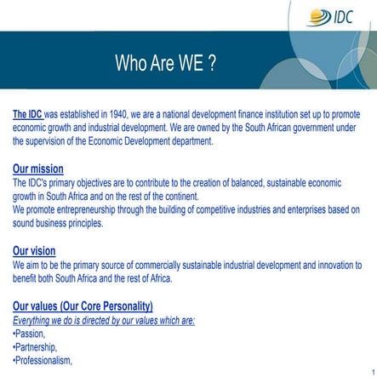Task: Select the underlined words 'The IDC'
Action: tap(27, 113)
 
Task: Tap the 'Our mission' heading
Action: tap(37, 169)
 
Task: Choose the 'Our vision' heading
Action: tap(35, 250)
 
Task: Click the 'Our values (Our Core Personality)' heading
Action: tap(83, 306)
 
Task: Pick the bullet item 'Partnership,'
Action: tap(36, 346)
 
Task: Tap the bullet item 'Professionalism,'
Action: tap(43, 360)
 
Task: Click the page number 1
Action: tap(372, 371)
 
